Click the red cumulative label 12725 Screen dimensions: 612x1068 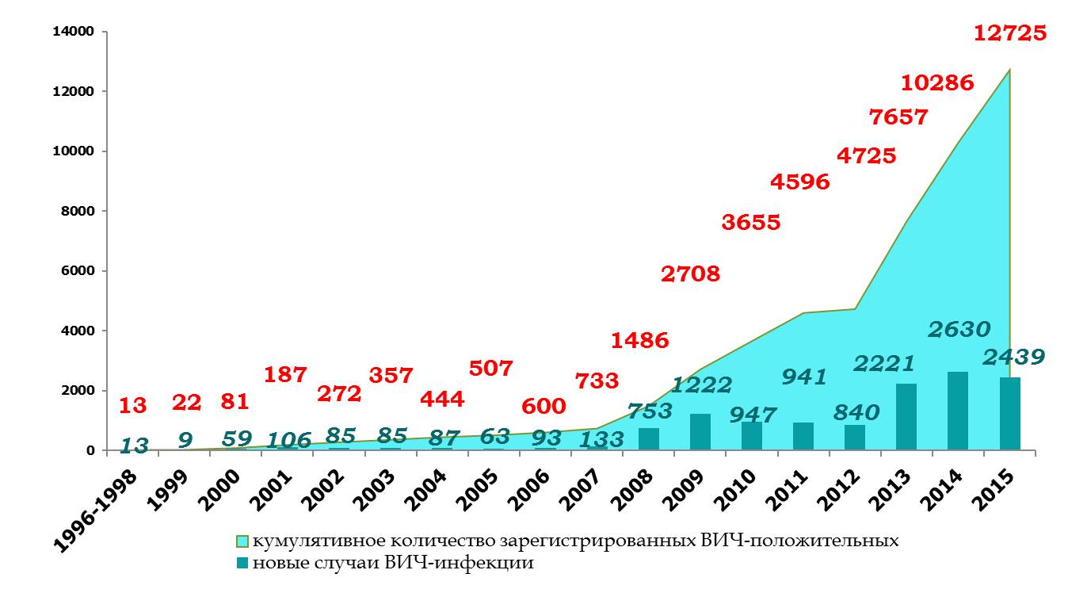1010,33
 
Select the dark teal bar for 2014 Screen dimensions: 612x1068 957,411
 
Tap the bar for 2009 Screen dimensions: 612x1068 700,431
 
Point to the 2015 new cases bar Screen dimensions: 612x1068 1009,413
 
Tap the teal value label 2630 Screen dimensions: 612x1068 959,329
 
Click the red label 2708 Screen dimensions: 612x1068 690,274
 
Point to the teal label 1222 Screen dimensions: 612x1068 702,385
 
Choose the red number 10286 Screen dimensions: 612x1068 937,82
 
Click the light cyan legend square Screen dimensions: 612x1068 242,541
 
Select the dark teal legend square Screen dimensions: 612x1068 242,564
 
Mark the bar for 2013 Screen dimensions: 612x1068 906,417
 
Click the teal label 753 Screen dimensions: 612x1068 650,411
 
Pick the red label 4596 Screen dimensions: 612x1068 800,182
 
